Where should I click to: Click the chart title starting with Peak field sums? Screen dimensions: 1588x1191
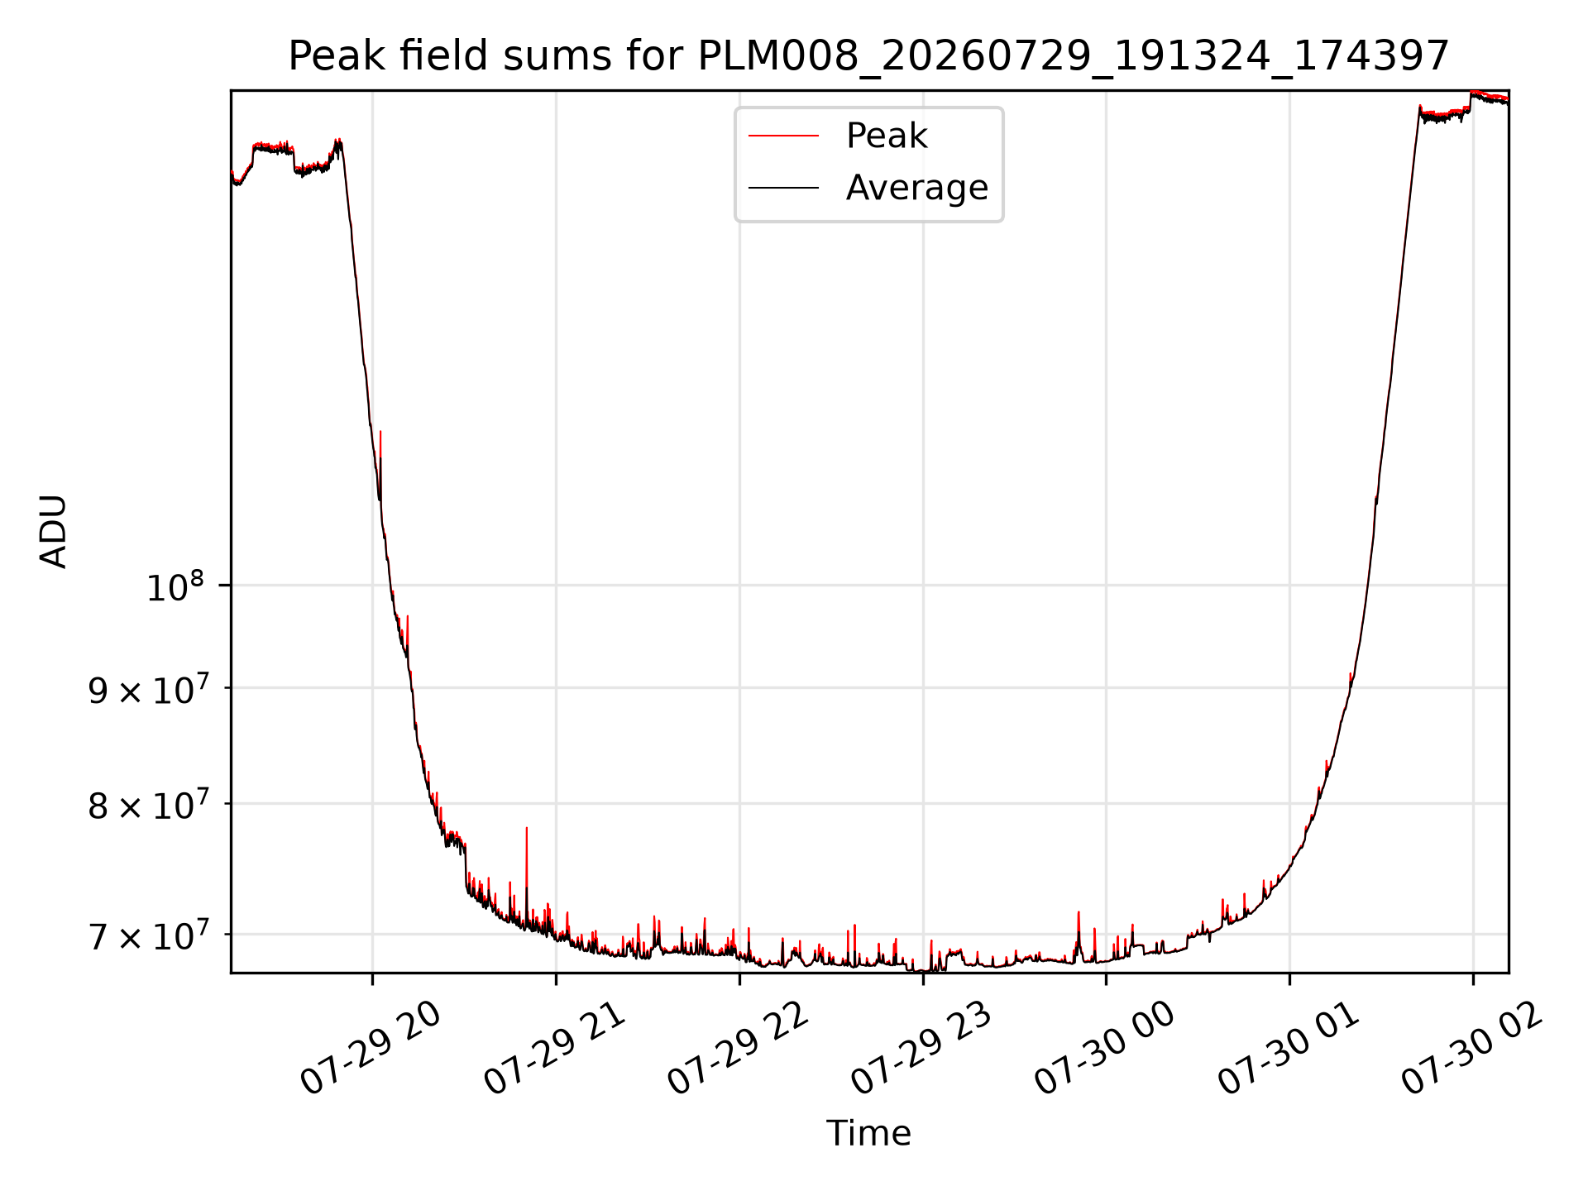click(868, 56)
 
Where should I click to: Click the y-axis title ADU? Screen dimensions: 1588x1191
click(54, 531)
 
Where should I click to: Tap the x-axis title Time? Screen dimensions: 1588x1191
click(868, 1133)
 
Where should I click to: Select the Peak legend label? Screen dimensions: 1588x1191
click(887, 136)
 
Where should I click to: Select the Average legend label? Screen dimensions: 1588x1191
click(917, 188)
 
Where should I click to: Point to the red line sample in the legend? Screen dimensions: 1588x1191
click(783, 136)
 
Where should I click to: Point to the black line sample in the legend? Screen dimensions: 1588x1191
click(783, 189)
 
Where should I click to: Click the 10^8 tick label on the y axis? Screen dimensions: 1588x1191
click(175, 586)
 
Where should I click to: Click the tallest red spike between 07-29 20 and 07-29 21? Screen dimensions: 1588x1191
click(527, 828)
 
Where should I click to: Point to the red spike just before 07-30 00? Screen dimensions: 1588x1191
click(1079, 913)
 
